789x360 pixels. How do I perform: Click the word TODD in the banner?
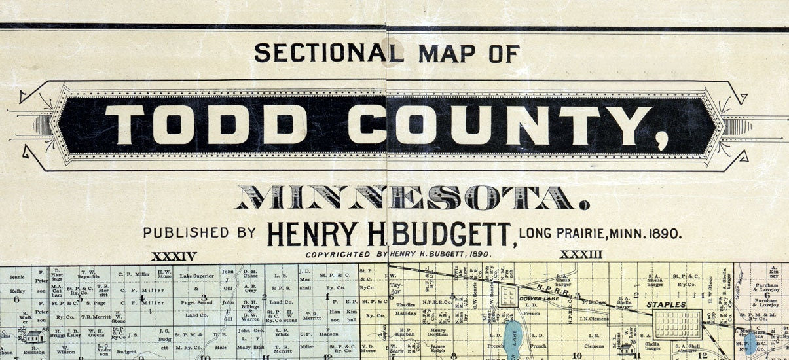207,124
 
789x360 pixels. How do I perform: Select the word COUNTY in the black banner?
500,124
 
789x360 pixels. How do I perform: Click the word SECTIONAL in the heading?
320,52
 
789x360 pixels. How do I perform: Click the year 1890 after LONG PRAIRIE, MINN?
661,232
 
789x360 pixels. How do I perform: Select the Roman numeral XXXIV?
174,256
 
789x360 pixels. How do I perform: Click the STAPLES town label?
667,304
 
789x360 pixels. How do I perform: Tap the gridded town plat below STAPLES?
678,324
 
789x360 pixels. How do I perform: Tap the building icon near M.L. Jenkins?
626,349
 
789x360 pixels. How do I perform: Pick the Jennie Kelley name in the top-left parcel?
16,282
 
